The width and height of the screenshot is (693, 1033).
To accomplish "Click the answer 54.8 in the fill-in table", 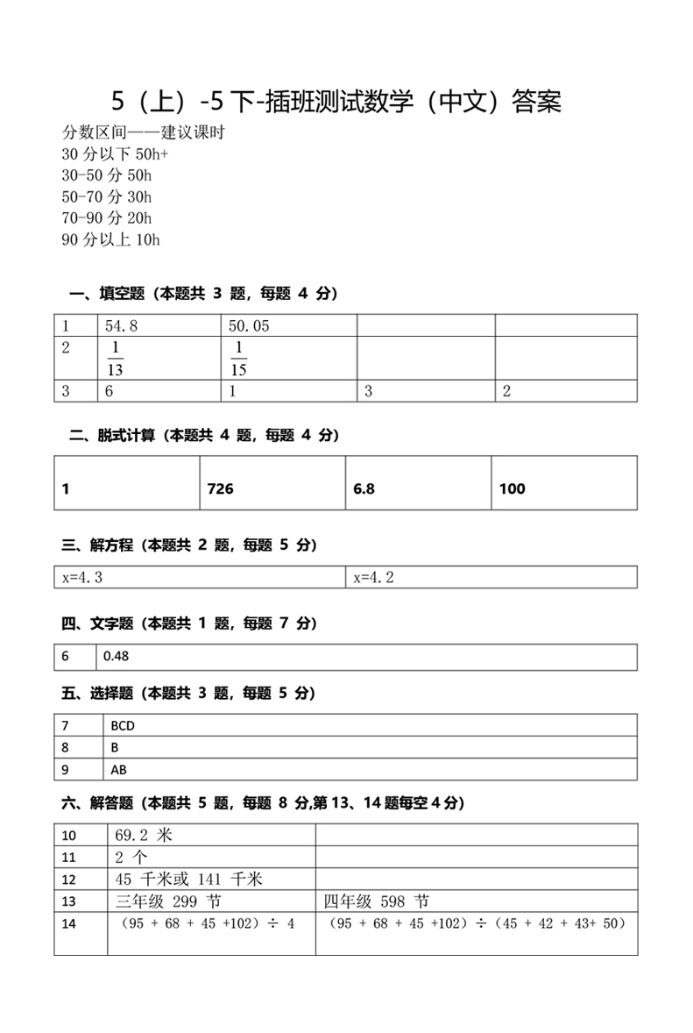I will coord(122,326).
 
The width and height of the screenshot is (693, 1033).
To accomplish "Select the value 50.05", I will coord(249,326).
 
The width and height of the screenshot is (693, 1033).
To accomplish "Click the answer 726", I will coord(220,489).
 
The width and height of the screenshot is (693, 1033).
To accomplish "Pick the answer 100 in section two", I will coord(512,489).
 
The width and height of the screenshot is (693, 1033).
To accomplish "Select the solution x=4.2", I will coord(374,577).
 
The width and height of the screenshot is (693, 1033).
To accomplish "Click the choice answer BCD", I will coord(124,726).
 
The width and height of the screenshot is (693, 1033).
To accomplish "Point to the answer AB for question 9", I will coord(119,770).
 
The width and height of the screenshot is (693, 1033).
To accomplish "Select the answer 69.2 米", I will coord(144,835).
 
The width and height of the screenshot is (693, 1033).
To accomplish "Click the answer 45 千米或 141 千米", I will coord(189,879).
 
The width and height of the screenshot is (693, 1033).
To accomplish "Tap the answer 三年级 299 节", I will coord(169,901).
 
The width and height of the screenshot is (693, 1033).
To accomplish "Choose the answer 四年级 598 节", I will coord(376,901).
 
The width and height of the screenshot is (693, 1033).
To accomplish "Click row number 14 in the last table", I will coord(69,924).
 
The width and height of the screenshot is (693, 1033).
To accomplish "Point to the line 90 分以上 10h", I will coord(110,239).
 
